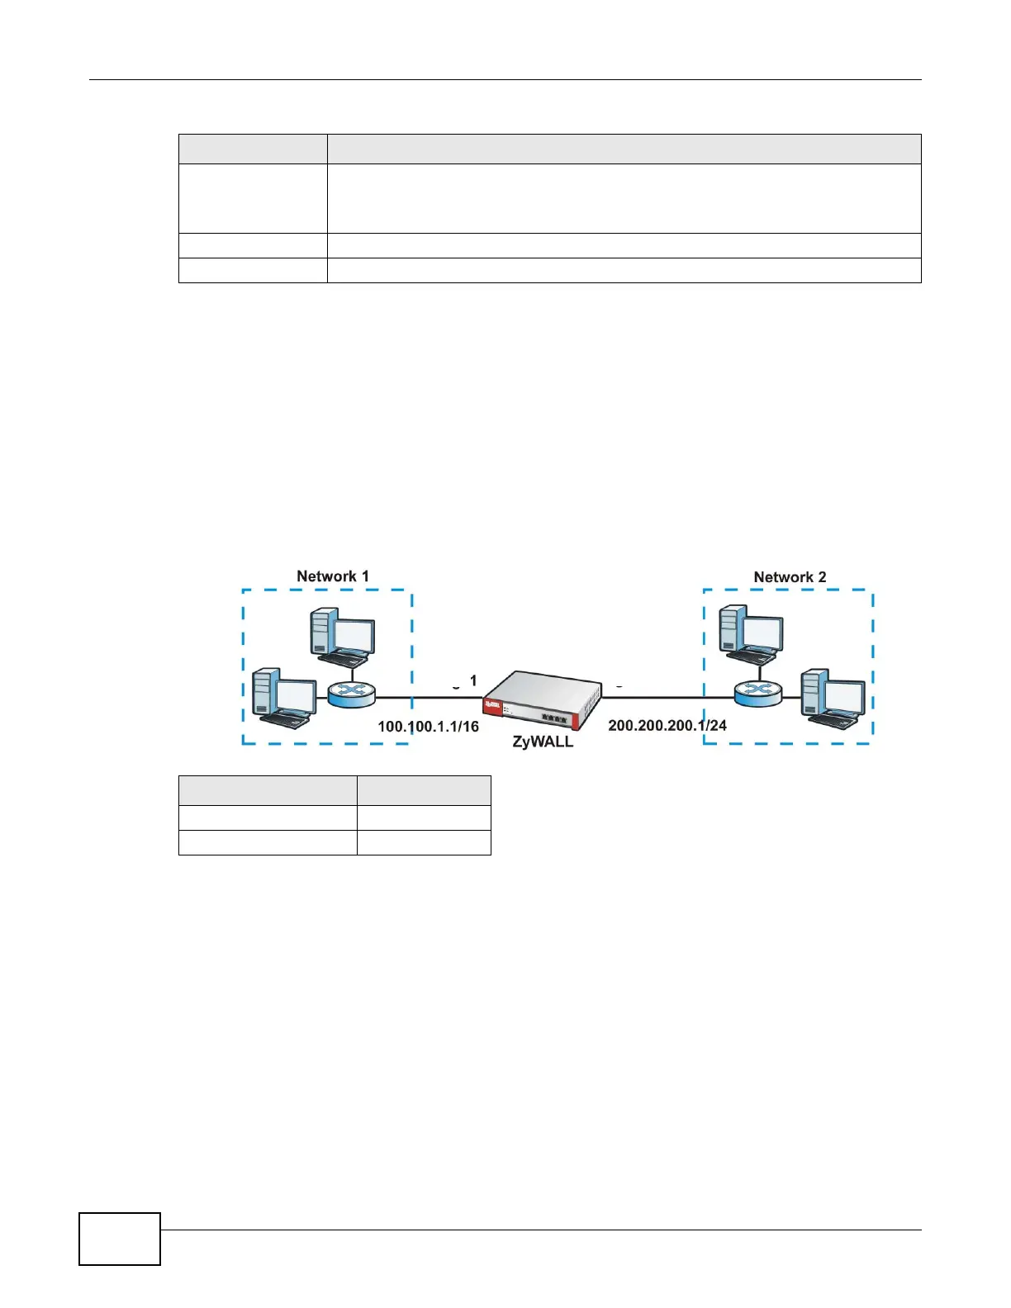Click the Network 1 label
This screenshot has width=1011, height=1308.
tap(332, 576)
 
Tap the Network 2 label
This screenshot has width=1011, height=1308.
tap(790, 577)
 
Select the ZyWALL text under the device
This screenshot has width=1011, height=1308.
tap(543, 741)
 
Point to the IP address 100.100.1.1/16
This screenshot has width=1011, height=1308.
tap(428, 726)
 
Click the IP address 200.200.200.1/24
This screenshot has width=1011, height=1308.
tap(667, 725)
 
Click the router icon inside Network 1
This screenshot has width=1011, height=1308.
tap(351, 694)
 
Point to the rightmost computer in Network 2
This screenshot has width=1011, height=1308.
tap(832, 698)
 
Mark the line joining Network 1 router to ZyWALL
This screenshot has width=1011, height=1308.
tap(430, 697)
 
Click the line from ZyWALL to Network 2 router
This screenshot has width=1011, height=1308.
tap(667, 697)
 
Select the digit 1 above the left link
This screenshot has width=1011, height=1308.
tap(473, 681)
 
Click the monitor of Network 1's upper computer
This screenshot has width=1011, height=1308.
tap(353, 634)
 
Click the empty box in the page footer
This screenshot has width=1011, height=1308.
tap(120, 1239)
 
